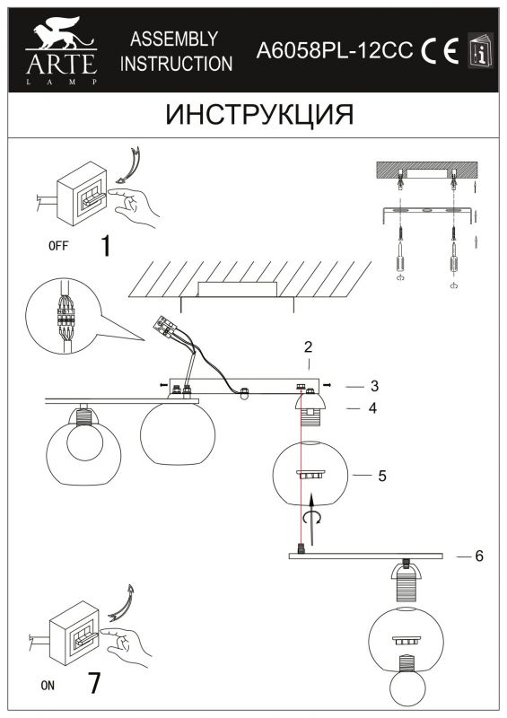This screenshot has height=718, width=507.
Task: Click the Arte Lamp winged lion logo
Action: [x=61, y=34]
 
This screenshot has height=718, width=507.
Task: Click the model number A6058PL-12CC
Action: [x=335, y=50]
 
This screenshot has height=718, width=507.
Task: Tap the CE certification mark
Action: [x=440, y=50]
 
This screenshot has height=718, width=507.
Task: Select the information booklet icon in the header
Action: [x=480, y=50]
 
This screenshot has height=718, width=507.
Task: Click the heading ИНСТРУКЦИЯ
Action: [x=259, y=115]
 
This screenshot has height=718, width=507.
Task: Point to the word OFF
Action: [x=58, y=246]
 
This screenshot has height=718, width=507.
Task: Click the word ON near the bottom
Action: [x=48, y=686]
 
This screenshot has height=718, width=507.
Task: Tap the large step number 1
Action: [x=106, y=245]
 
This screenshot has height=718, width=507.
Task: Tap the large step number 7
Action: [x=94, y=684]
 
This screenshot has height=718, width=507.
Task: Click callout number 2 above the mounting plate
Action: [x=308, y=346]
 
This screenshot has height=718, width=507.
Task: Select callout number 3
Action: [x=374, y=386]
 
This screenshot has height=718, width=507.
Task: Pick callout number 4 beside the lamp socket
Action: [x=372, y=408]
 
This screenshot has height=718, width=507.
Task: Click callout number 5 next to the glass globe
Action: [x=382, y=476]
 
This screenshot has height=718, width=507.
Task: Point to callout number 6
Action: [x=479, y=556]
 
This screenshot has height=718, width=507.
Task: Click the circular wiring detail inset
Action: [x=63, y=316]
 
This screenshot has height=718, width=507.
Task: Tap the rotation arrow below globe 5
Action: [x=313, y=518]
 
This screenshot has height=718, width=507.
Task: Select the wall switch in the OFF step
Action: [x=83, y=193]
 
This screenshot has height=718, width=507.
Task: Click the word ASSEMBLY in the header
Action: [x=174, y=39]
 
